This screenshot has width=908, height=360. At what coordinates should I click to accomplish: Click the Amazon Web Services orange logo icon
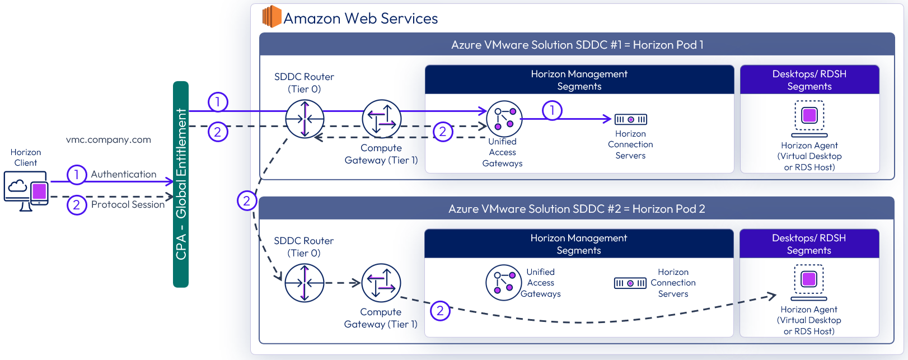(272, 17)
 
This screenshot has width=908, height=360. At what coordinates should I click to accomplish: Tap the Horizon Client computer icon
(26, 190)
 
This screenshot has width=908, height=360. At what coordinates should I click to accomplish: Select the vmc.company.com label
(108, 140)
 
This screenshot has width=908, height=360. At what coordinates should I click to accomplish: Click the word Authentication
(124, 175)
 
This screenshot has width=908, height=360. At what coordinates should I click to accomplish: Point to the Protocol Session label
(128, 205)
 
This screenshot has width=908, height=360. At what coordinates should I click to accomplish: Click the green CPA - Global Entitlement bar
(181, 184)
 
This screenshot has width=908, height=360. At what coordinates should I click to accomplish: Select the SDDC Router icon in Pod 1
(305, 119)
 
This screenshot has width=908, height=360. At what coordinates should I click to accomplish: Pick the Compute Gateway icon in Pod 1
(381, 119)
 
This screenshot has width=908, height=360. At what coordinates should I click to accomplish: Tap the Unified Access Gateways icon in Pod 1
(504, 119)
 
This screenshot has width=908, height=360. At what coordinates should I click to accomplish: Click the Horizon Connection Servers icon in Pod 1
(630, 119)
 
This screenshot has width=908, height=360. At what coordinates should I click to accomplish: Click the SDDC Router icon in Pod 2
(304, 283)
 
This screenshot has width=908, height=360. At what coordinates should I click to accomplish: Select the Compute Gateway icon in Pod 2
(381, 283)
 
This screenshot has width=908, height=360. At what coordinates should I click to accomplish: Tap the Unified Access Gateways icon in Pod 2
(503, 283)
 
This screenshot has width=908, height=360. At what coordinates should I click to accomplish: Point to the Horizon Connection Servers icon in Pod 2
(630, 283)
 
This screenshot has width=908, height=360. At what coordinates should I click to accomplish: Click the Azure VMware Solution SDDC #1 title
(577, 45)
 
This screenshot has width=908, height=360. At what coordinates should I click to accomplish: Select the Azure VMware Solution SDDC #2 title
(577, 209)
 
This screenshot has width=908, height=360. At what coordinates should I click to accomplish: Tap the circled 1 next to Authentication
(77, 175)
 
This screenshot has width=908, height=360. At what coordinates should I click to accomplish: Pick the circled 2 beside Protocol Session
(77, 205)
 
